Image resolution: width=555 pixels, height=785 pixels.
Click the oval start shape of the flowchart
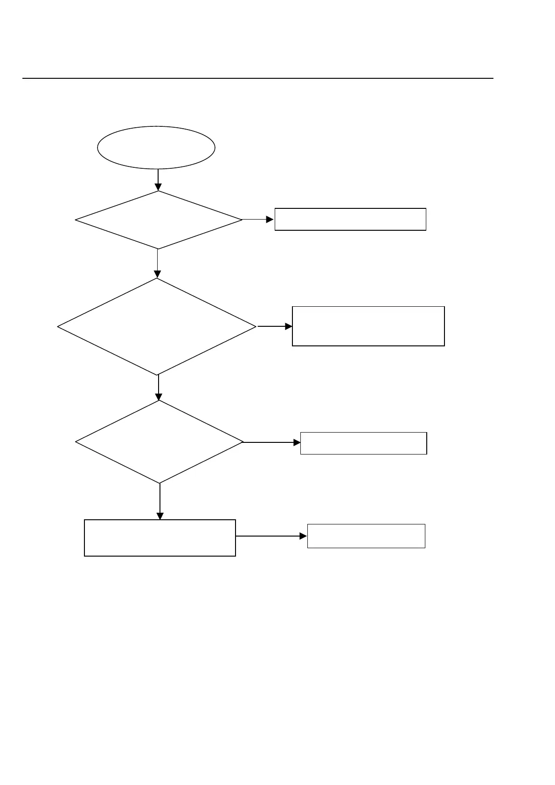(x=156, y=147)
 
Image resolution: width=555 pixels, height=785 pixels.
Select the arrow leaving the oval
(x=158, y=179)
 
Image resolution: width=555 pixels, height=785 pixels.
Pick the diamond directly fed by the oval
(x=159, y=220)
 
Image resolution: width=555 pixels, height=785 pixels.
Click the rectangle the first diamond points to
(x=350, y=219)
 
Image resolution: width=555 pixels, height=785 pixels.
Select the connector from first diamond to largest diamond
(x=158, y=263)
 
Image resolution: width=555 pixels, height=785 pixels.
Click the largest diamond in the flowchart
(x=157, y=326)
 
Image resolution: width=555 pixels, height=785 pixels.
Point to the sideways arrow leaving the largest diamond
(x=274, y=326)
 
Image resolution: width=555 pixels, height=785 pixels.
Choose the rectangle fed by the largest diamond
(x=368, y=326)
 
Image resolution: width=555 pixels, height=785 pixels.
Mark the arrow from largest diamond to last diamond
(x=159, y=387)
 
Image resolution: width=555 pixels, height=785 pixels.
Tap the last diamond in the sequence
(x=160, y=441)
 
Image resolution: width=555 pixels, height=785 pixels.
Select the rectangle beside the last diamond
(x=363, y=443)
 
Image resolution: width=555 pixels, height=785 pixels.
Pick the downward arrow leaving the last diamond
(x=160, y=501)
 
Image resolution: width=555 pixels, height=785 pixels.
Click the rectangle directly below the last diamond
(x=160, y=537)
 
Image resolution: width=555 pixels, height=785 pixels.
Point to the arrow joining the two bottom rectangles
(x=271, y=537)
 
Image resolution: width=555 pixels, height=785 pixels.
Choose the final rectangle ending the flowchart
(x=366, y=536)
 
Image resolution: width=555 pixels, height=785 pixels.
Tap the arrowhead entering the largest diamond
(x=158, y=275)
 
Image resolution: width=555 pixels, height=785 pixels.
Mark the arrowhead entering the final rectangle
(x=304, y=537)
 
